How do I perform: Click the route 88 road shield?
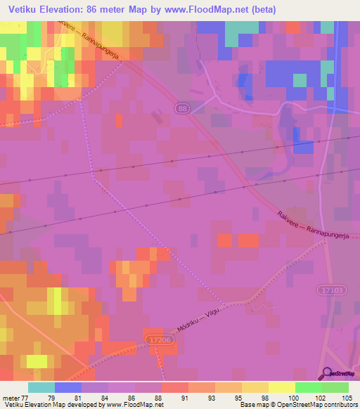[x=183, y=108]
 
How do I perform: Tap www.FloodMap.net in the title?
[x=213, y=9]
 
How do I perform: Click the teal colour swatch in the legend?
[x=41, y=387]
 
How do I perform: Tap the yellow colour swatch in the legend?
[x=282, y=387]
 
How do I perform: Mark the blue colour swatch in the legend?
[x=68, y=387]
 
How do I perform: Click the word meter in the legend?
[x=10, y=398]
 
